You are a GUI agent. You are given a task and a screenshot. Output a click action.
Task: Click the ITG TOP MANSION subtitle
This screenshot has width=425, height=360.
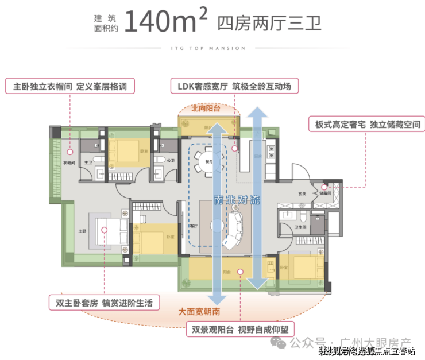(x=213, y=48)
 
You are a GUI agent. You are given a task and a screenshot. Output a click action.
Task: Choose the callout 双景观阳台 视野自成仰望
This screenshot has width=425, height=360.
(x=239, y=330)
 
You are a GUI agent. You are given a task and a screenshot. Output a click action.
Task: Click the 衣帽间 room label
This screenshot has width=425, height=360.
(x=69, y=163)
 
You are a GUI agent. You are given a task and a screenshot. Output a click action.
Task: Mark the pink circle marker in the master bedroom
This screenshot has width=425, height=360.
(x=105, y=229)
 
